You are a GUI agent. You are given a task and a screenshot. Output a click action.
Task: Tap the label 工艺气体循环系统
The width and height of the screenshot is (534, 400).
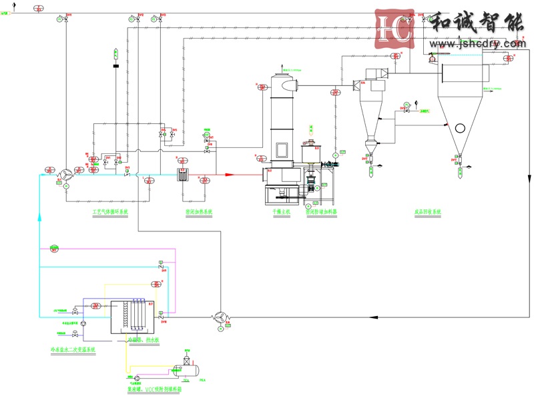click(x=110, y=211)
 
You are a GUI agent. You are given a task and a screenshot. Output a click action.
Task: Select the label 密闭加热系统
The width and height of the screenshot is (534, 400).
click(x=198, y=211)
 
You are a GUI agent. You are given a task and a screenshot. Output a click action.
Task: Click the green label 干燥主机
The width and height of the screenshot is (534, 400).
click(x=282, y=211)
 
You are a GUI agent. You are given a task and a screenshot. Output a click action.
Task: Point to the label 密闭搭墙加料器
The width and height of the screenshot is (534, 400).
click(x=322, y=211)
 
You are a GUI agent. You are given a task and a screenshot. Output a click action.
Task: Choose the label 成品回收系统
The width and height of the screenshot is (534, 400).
click(x=428, y=211)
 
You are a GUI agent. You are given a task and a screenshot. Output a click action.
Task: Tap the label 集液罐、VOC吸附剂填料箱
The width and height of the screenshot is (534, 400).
click(x=154, y=389)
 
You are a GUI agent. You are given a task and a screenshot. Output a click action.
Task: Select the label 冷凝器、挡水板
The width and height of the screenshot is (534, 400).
click(x=144, y=340)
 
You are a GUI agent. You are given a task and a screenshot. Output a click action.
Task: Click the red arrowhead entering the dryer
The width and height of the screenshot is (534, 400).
click(x=229, y=175)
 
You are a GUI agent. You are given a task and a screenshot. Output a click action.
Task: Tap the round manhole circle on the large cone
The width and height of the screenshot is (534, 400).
click(x=460, y=128)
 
